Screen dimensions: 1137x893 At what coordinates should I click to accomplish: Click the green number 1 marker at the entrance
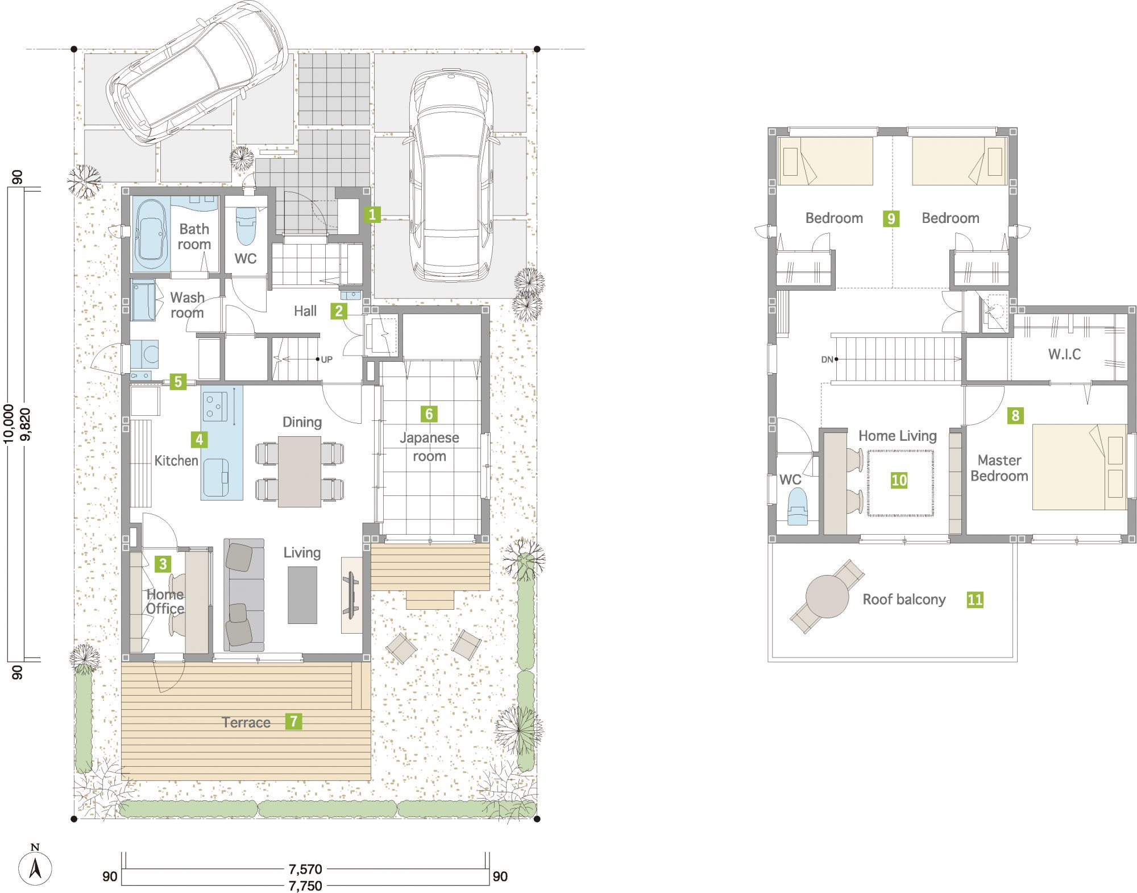372,214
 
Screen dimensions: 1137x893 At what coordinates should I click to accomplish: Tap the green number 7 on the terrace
293,721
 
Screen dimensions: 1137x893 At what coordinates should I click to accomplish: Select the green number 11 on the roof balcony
975,600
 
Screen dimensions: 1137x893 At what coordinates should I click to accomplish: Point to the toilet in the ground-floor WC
246,225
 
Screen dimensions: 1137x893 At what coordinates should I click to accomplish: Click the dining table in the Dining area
300,472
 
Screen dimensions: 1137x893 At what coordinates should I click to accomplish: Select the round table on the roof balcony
827,596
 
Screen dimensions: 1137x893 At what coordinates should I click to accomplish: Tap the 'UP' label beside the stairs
326,359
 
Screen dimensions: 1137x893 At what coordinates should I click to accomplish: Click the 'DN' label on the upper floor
827,359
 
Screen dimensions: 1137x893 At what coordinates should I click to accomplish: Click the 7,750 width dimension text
305,886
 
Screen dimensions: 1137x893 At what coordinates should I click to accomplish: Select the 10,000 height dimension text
9,424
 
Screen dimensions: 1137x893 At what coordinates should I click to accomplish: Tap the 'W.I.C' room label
1064,354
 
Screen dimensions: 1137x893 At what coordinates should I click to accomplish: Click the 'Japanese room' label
429,447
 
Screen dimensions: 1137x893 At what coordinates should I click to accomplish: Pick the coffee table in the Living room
302,595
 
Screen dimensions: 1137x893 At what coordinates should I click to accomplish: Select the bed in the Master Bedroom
1079,466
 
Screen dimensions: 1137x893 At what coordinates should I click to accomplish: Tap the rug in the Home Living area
900,483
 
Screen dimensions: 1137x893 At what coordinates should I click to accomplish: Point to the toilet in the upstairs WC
797,507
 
